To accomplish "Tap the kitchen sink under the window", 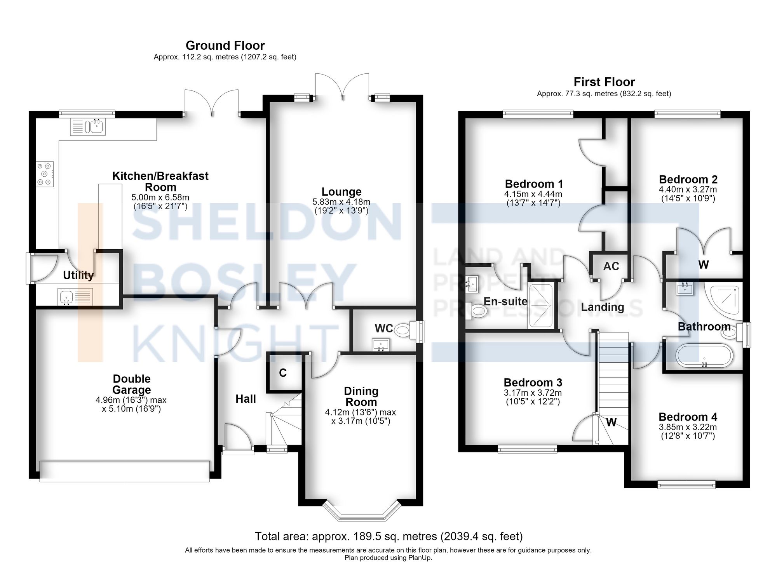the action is coord(88,127).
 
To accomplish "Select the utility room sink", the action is coord(75,297).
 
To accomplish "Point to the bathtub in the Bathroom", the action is coord(704,355).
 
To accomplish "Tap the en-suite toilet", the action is coord(476,311).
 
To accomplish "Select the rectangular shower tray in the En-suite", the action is coord(540,306).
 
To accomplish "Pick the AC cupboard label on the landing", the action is coord(611,266).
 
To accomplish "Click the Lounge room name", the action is coord(341,192).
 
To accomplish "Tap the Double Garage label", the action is coord(132,384).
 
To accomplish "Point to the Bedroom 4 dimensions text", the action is coord(688,431).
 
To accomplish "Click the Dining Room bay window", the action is coord(362,511).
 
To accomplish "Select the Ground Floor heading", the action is coord(225,45).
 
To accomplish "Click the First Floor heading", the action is coord(604,82).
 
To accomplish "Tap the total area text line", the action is coord(388,536).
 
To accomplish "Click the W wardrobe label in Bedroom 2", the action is coord(704,264).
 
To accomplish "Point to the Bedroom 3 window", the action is coord(528,449).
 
